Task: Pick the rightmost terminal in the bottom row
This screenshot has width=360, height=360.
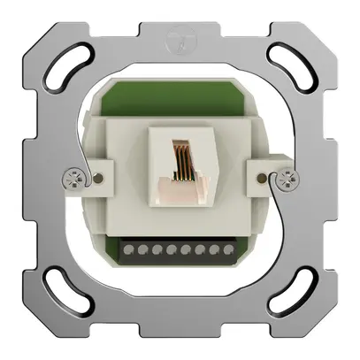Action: point(234,251)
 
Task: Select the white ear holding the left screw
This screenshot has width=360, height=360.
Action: point(88,177)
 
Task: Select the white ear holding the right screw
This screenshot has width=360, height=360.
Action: point(271,176)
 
